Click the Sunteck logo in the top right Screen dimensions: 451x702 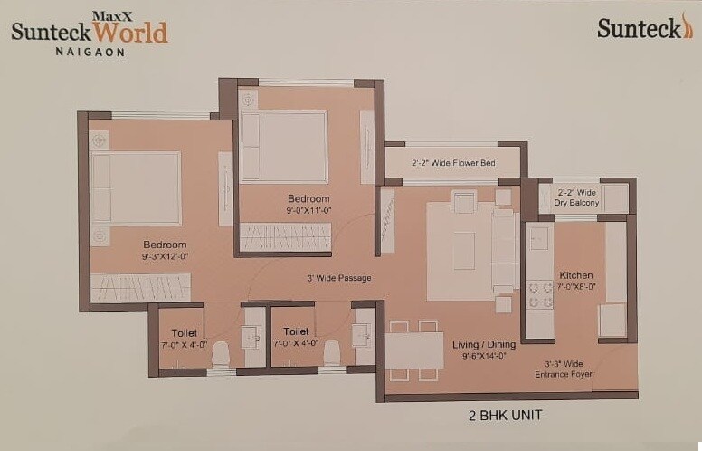pyautogui.click(x=644, y=28)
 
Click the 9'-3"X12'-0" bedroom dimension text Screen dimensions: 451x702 pyautogui.click(x=165, y=256)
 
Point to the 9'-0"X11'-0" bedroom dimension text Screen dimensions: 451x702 pyautogui.click(x=308, y=210)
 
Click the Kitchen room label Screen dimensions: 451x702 pyautogui.click(x=576, y=275)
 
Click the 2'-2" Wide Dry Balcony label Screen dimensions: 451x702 pyautogui.click(x=576, y=197)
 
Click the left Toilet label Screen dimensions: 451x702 pyautogui.click(x=184, y=332)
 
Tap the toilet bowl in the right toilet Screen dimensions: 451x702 pyautogui.click(x=332, y=352)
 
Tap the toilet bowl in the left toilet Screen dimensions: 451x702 pyautogui.click(x=221, y=353)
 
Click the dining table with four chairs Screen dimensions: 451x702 pyautogui.click(x=414, y=350)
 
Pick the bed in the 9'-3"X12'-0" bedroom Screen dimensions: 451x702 pyautogui.click(x=136, y=187)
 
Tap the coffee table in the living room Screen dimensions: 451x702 pyautogui.click(x=463, y=251)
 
